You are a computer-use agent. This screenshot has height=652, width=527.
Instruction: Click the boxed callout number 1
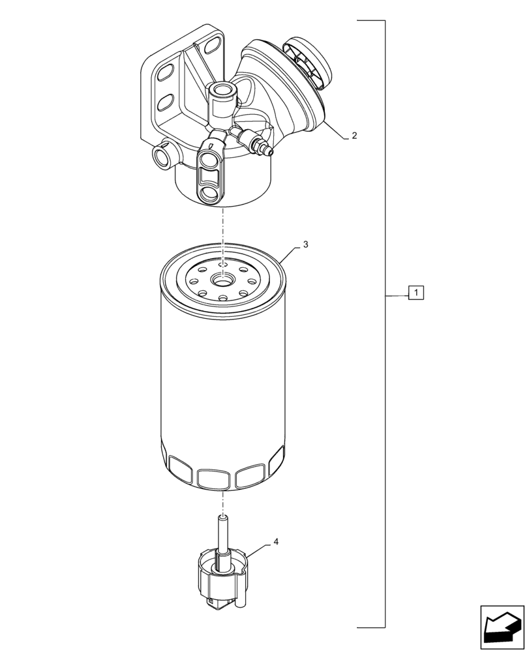pyautogui.click(x=416, y=293)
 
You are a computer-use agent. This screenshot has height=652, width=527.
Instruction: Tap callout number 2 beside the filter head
pyautogui.click(x=354, y=136)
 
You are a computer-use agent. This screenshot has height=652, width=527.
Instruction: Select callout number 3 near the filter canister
pyautogui.click(x=305, y=245)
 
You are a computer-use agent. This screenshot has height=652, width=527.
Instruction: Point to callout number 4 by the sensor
pyautogui.click(x=276, y=542)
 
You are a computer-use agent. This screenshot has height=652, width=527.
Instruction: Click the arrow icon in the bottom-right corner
pyautogui.click(x=502, y=627)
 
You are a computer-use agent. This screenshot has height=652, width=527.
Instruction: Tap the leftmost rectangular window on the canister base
pyautogui.click(x=179, y=466)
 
